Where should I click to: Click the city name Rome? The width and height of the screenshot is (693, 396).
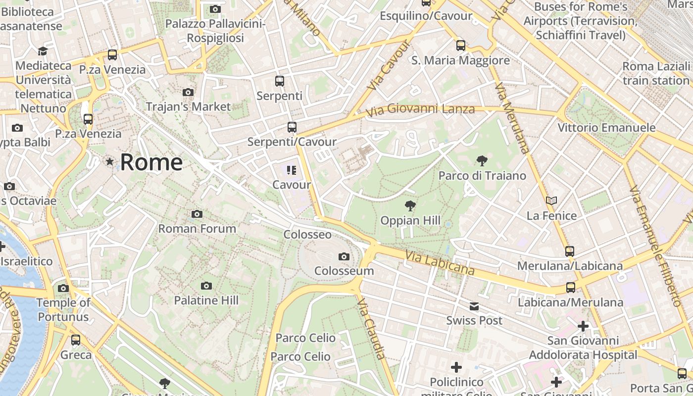[151, 162]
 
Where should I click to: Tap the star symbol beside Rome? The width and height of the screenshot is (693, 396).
[109, 161]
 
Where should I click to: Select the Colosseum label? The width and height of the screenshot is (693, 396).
[344, 271]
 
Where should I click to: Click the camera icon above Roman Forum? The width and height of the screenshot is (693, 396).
[197, 214]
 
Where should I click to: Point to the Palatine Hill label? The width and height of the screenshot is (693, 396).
[206, 300]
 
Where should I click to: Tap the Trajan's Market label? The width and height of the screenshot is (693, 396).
[188, 106]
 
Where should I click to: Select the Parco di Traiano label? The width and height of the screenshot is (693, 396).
[482, 176]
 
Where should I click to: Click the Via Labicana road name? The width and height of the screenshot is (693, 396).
[440, 262]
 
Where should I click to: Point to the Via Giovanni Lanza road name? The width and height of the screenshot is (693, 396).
[420, 110]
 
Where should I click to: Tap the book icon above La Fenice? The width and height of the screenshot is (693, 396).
[551, 200]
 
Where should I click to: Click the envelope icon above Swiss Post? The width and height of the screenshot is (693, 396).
[474, 306]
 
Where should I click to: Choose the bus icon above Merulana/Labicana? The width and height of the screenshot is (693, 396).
[570, 251]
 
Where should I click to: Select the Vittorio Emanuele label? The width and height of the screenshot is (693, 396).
[606, 128]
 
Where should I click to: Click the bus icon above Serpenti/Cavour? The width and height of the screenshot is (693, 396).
[292, 127]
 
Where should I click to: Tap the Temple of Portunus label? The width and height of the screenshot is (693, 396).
[63, 309]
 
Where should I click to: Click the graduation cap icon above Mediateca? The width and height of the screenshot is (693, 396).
[43, 51]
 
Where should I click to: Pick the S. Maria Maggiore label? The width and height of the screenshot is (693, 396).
[460, 60]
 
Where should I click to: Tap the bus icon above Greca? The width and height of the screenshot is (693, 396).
[76, 340]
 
